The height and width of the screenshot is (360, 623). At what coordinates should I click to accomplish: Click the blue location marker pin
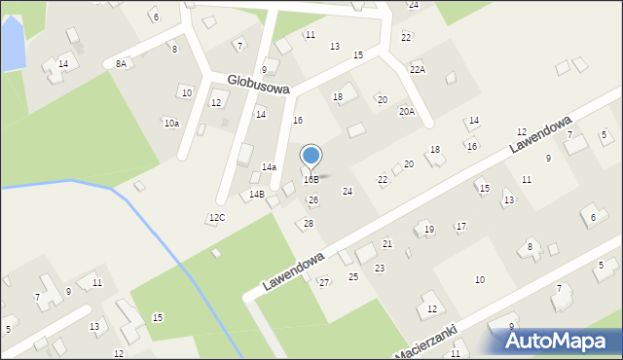point(311,156)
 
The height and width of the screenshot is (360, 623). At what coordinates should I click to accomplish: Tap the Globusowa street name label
point(258,85)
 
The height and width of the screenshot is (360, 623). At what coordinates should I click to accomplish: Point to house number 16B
point(311,180)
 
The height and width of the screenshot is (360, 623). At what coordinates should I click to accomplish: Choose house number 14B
point(256,195)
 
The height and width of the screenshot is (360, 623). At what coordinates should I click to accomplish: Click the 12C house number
point(217,217)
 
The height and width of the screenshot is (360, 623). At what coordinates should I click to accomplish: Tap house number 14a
point(269,167)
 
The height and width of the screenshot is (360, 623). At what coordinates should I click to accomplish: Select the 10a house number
point(171,123)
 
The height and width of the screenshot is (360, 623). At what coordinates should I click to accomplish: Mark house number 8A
point(121,63)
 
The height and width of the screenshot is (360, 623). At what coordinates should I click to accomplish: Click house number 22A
point(418,69)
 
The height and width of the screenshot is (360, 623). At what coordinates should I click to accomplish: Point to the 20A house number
point(407,112)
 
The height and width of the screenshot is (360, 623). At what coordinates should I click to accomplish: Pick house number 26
point(313,200)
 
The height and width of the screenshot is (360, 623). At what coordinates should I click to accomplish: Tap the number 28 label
point(309,224)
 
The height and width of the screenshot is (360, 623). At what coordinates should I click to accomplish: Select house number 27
point(324,282)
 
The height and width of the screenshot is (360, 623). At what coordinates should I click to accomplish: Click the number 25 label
point(353,277)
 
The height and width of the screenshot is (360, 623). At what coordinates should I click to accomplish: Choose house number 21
point(387,243)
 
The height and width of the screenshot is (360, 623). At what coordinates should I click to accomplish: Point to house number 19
point(429,230)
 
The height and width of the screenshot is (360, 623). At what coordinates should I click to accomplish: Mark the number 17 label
point(461,227)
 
